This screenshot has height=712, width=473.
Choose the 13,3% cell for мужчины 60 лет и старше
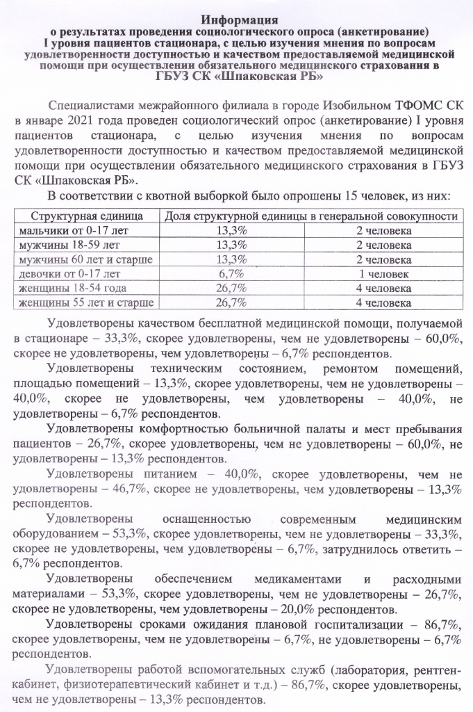(x=231, y=259)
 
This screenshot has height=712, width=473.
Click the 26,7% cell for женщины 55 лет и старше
(x=231, y=302)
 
